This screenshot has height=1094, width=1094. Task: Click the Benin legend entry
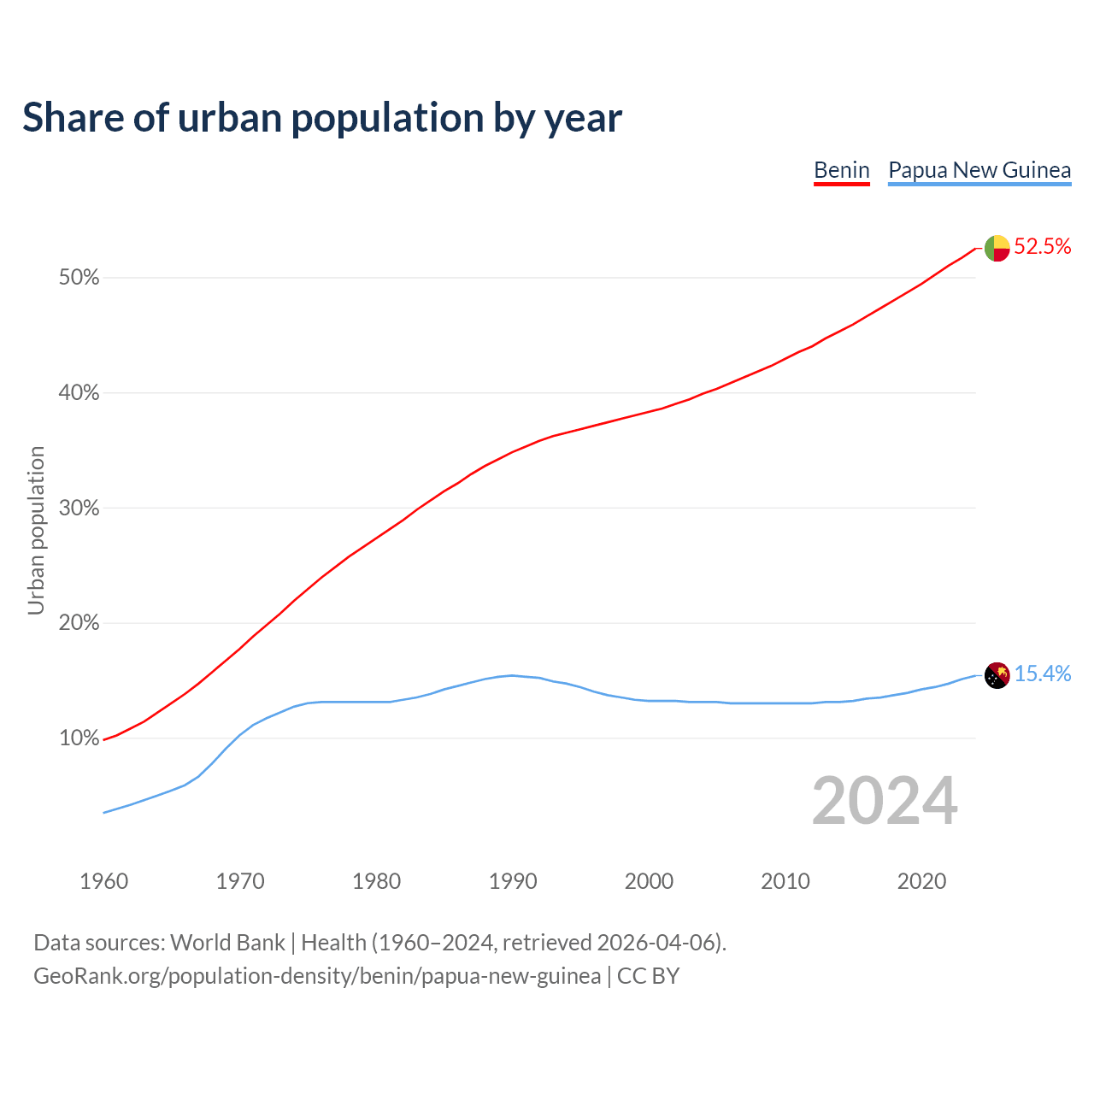point(841,170)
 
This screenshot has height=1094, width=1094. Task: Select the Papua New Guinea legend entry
point(979,170)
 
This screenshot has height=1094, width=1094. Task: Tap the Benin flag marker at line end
point(997,248)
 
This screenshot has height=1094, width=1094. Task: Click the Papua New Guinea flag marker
point(997,675)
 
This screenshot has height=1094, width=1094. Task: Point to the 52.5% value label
point(1043,247)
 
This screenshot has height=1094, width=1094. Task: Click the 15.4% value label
point(1043,674)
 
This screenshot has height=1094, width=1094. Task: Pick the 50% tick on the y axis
point(79,278)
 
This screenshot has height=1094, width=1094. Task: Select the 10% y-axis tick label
point(79,738)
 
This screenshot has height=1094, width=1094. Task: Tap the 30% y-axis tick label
point(79,509)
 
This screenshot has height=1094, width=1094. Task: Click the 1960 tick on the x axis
point(103,881)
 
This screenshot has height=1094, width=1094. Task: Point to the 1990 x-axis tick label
point(513,881)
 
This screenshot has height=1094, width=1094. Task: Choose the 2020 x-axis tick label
point(921,881)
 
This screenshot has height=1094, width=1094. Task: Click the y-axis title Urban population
point(36,530)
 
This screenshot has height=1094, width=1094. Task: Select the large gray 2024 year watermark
point(885,801)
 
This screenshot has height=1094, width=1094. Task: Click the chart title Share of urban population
point(322,117)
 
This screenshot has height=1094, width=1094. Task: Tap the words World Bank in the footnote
point(227,943)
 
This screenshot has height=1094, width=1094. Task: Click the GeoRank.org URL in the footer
point(317,976)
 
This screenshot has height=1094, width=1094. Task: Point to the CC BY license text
point(648,976)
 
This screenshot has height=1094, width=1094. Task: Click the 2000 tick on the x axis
point(649,881)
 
